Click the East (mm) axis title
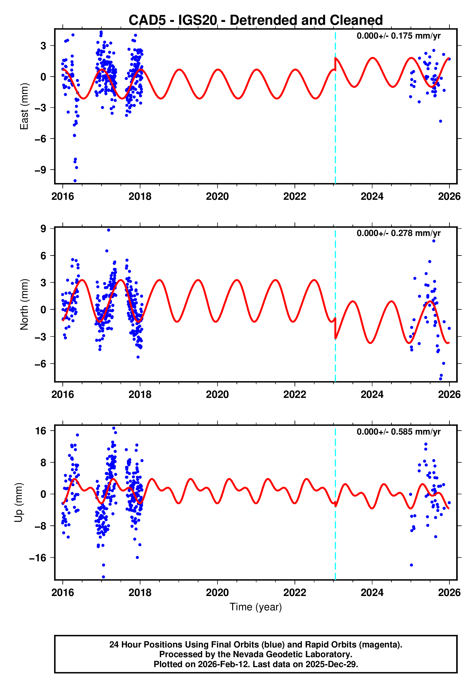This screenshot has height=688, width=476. click(x=24, y=106)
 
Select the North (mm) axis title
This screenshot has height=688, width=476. click(x=24, y=304)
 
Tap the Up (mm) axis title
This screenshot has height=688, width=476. click(x=18, y=503)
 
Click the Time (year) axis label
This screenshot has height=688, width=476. click(x=256, y=607)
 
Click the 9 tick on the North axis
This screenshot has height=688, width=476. click(x=43, y=229)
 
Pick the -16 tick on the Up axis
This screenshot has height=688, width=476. click(x=38, y=558)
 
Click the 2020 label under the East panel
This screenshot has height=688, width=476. click(x=217, y=196)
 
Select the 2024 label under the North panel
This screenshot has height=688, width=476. click(x=372, y=394)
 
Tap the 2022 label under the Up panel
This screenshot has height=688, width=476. click(x=295, y=593)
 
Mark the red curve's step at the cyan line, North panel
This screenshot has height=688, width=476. click(x=335, y=328)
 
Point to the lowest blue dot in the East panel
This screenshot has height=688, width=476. click(x=75, y=181)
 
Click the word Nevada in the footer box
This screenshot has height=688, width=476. click(x=246, y=654)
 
